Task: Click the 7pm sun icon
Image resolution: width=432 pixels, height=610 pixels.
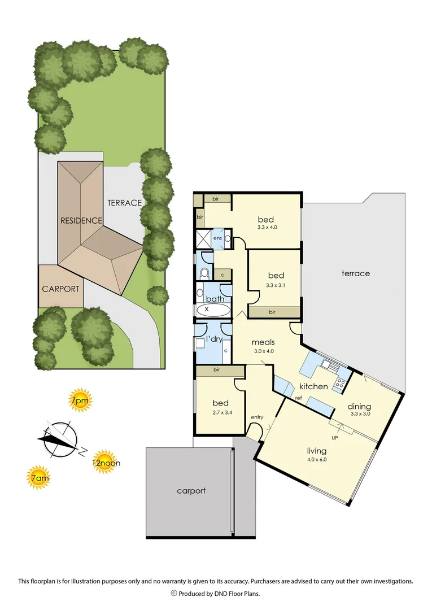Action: (79, 401)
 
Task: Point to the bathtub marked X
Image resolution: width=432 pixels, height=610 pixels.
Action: (213, 310)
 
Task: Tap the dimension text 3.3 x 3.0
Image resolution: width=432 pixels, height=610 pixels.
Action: (359, 415)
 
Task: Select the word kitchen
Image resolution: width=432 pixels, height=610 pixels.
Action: (313, 386)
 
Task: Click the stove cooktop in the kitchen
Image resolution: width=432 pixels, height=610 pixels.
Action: (340, 385)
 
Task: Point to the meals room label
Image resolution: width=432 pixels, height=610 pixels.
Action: (263, 342)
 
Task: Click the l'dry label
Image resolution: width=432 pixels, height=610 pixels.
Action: (213, 338)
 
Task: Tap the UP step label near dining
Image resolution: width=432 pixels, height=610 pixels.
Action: (334, 438)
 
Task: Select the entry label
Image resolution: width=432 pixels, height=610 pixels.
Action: (257, 417)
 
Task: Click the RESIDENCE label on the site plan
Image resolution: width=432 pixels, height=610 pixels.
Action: (81, 220)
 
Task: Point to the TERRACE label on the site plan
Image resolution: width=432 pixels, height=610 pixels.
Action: (124, 202)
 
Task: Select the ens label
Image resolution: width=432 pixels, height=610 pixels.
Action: (217, 238)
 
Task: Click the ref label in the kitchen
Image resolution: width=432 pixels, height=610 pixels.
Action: (298, 399)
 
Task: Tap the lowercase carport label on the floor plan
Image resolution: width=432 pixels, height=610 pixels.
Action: (191, 491)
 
